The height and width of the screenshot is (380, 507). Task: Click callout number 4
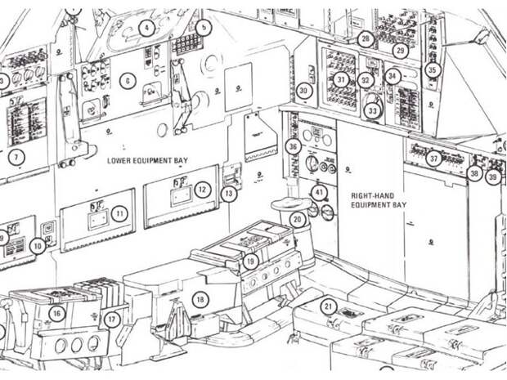coord(146,27)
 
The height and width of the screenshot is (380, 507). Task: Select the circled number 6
coord(127,80)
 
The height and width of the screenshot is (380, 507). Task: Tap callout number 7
coord(18,155)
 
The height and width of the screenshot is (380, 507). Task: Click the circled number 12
coord(202,190)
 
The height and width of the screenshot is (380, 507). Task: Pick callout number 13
coord(229,194)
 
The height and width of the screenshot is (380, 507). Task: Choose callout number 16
coord(56,313)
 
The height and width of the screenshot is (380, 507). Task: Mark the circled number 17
coord(113,319)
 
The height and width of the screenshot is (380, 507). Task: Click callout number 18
coord(200,300)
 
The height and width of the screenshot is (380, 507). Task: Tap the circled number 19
coord(250,261)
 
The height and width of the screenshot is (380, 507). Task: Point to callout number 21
coord(328,306)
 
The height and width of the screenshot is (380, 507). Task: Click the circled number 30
coord(304,91)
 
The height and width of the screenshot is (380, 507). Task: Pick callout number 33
coord(373,109)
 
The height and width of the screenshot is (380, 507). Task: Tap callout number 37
coord(434,159)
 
